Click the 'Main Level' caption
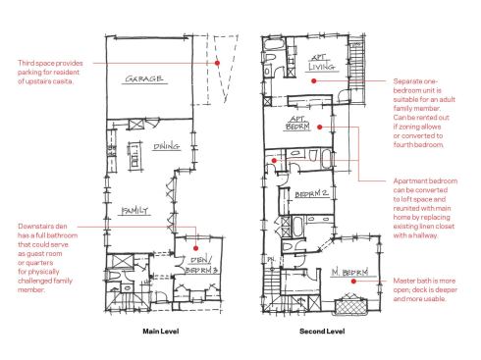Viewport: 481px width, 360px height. coord(159,333)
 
